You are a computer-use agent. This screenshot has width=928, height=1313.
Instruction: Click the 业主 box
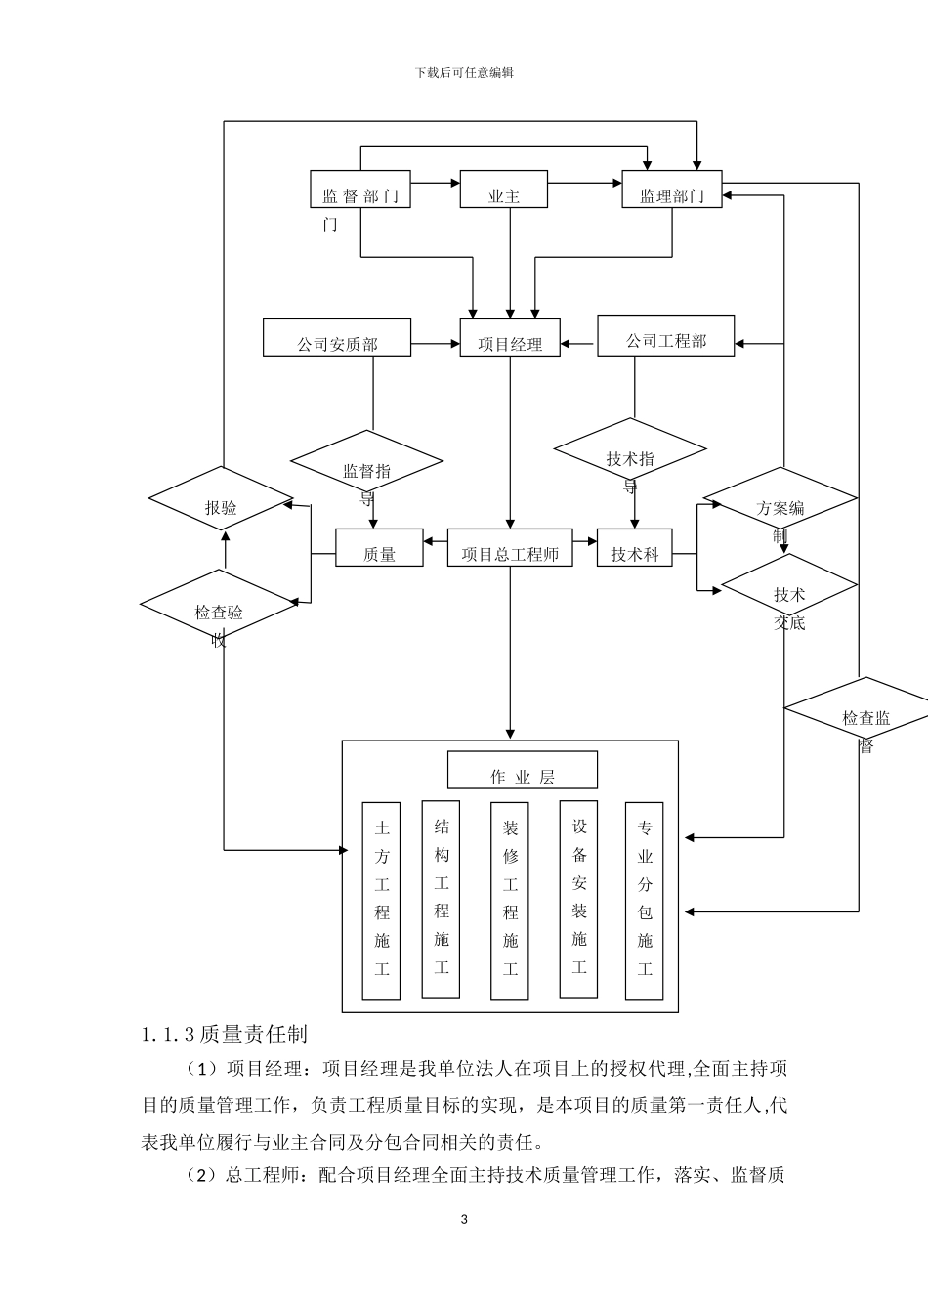(503, 191)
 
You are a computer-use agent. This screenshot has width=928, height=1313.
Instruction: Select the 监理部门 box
(672, 191)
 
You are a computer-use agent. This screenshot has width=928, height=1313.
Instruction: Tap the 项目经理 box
(510, 338)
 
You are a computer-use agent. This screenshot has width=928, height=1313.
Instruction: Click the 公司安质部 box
(337, 338)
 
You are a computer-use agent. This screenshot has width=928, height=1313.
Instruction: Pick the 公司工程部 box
(665, 336)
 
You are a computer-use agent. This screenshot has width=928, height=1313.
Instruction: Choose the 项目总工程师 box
(509, 548)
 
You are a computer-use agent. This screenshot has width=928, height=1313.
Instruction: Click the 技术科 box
(635, 548)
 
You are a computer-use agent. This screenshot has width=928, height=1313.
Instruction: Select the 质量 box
(379, 548)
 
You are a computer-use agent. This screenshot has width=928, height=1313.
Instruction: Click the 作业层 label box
(523, 770)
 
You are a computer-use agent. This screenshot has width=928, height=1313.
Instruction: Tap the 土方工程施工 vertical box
(381, 901)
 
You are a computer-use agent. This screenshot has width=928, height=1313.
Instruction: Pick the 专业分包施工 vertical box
(644, 901)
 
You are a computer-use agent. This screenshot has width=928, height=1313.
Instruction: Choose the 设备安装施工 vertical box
(578, 899)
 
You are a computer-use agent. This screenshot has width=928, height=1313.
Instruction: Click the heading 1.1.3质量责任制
(225, 1034)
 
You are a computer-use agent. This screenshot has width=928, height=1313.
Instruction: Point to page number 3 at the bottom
(464, 1219)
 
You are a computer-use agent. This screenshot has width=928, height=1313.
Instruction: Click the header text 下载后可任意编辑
(464, 73)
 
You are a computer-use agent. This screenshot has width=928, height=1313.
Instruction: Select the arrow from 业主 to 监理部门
(584, 182)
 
